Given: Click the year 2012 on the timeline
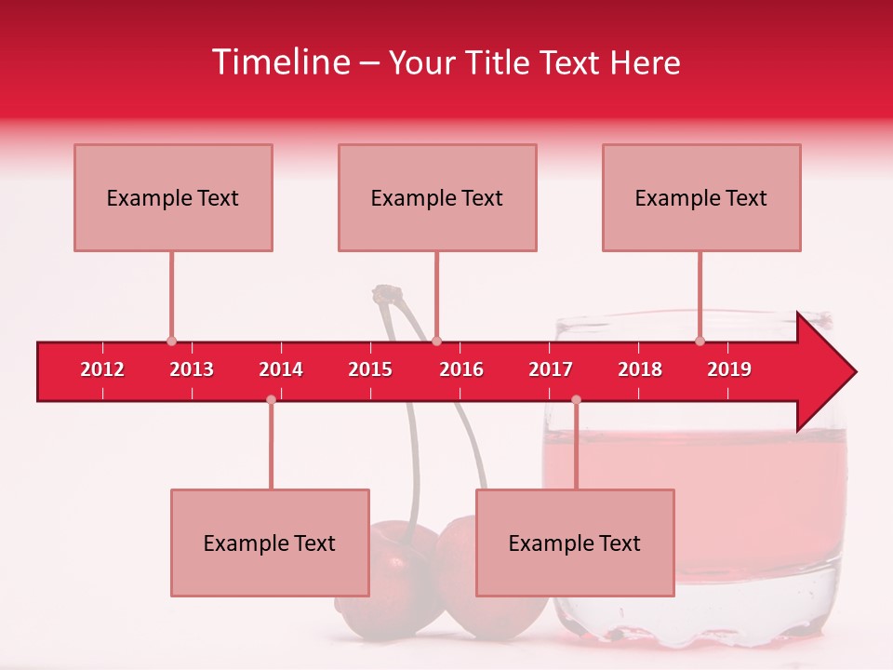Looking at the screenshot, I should point(102,369).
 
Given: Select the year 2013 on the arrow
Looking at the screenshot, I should point(192,369).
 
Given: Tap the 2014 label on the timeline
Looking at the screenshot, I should point(281,369).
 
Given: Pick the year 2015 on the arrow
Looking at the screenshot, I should point(370,369).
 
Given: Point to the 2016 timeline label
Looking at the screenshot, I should point(461,369).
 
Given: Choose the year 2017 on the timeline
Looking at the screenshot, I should point(551,369).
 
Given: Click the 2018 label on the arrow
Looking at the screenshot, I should point(640,369).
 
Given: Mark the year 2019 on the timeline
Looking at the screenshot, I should point(729,369).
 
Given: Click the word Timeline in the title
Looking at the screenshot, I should point(280,62).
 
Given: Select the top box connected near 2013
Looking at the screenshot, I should point(173,197).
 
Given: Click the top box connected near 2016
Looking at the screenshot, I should point(437,197).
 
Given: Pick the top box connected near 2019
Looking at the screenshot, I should point(701,197).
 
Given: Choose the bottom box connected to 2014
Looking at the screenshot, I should point(270,543).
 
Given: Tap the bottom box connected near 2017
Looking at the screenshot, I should point(575,543).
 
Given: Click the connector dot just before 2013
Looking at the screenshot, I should point(171,342).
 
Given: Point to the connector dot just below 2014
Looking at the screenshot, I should point(271,399).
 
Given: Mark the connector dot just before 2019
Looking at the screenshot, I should point(700,342).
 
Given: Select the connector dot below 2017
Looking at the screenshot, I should point(576,399).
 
